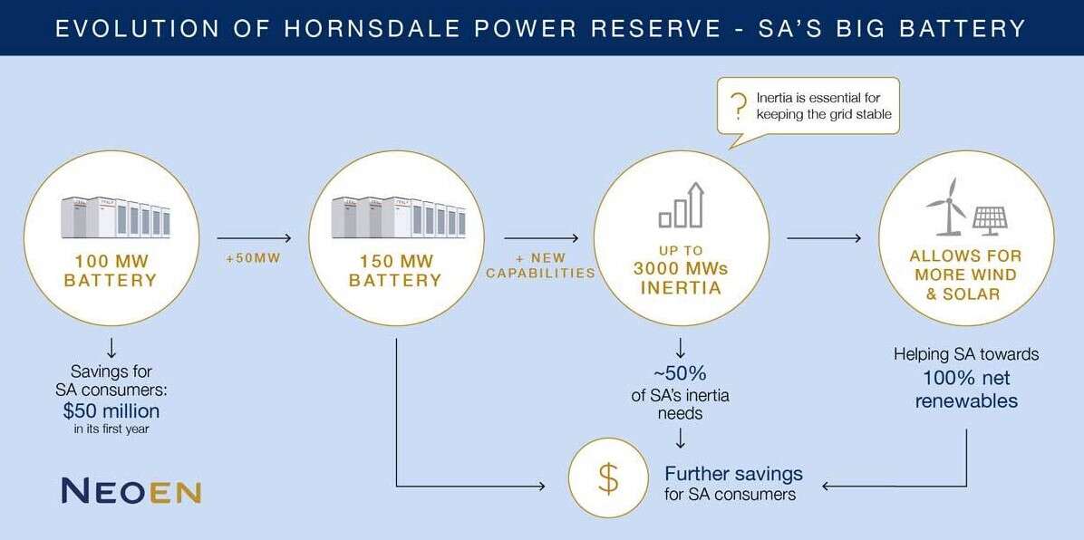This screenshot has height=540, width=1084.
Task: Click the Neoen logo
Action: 131,490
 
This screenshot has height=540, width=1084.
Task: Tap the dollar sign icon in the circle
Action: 609,478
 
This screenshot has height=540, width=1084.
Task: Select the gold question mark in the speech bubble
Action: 739,105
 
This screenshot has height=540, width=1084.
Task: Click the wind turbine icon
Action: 946,205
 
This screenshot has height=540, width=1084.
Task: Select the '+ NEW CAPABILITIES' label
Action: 540,266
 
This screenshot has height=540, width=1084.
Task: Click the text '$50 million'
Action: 111,409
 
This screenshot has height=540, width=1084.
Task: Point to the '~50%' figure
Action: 680,373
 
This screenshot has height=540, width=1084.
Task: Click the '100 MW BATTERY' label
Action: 111,271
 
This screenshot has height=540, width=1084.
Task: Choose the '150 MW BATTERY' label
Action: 395,271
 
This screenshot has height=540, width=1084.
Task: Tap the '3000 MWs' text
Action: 680,269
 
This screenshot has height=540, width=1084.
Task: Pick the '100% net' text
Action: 966,378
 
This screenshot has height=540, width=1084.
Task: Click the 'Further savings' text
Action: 733,474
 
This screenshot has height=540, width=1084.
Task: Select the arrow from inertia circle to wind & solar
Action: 824,238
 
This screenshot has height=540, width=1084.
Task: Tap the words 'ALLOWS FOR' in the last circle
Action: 965,256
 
